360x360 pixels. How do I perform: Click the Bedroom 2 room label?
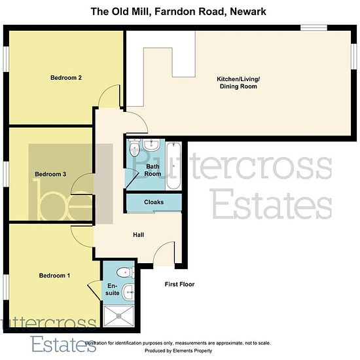(66, 78)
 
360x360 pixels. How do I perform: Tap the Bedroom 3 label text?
(50, 174)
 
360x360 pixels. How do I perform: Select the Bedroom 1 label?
(54, 276)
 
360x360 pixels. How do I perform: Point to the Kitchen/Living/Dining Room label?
(238, 82)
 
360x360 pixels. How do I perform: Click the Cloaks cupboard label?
(154, 202)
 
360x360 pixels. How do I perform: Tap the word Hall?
(139, 234)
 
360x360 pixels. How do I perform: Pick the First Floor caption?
(179, 284)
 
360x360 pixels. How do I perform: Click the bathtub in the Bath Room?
(173, 166)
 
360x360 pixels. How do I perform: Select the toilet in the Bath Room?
(134, 148)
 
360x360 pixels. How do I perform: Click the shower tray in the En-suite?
(118, 316)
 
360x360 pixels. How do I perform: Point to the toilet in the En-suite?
(126, 272)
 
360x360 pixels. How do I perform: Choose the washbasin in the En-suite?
(128, 292)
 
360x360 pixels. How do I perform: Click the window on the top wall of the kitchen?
(314, 27)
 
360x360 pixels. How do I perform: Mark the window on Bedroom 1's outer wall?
(6, 287)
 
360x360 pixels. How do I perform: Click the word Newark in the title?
(248, 12)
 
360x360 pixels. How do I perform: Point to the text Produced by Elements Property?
(179, 351)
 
